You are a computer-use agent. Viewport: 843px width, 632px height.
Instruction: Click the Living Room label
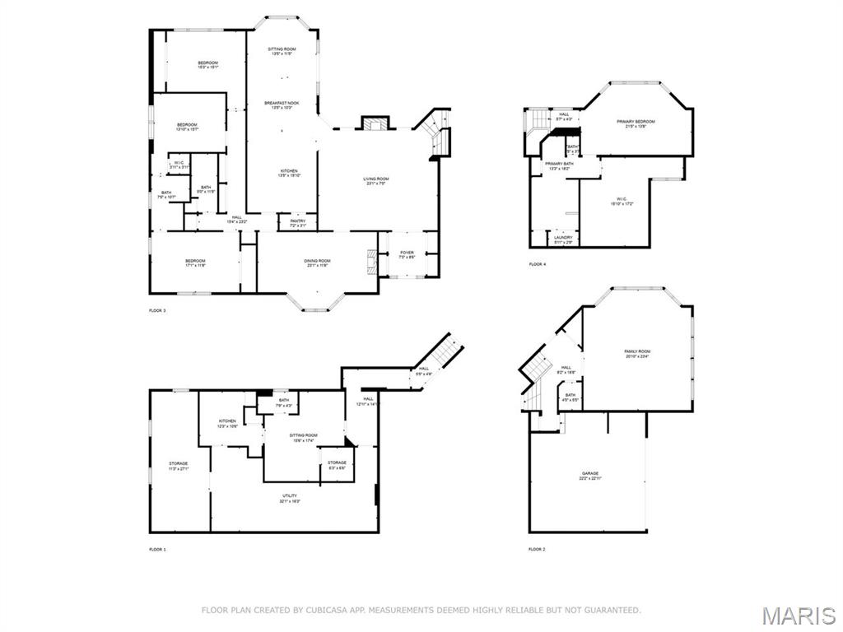point(377,179)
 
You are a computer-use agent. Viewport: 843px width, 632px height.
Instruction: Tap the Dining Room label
point(318,262)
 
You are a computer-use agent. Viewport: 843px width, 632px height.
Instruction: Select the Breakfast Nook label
point(282,104)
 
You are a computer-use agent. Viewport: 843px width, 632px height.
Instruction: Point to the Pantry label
point(297,221)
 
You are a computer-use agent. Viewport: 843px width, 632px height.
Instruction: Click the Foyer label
point(408,253)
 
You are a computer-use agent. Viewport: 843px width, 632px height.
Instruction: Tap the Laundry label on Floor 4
point(563,239)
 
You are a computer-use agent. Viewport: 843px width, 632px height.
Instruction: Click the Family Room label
point(637,352)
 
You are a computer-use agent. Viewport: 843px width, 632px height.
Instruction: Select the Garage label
point(589,474)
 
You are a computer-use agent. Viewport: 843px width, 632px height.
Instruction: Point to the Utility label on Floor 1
point(289,496)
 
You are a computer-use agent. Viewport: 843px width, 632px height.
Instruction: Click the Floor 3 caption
point(157,311)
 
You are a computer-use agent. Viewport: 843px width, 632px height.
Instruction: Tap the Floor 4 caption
point(537,264)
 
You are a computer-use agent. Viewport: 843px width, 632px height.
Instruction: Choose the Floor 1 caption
point(157,549)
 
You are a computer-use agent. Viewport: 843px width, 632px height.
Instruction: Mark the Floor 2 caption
point(537,549)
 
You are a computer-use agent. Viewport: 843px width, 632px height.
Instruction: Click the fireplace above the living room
point(375,123)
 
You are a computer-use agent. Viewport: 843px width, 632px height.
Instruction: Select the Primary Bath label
point(559,165)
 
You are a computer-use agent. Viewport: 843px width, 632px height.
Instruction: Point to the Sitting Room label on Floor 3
point(282,50)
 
